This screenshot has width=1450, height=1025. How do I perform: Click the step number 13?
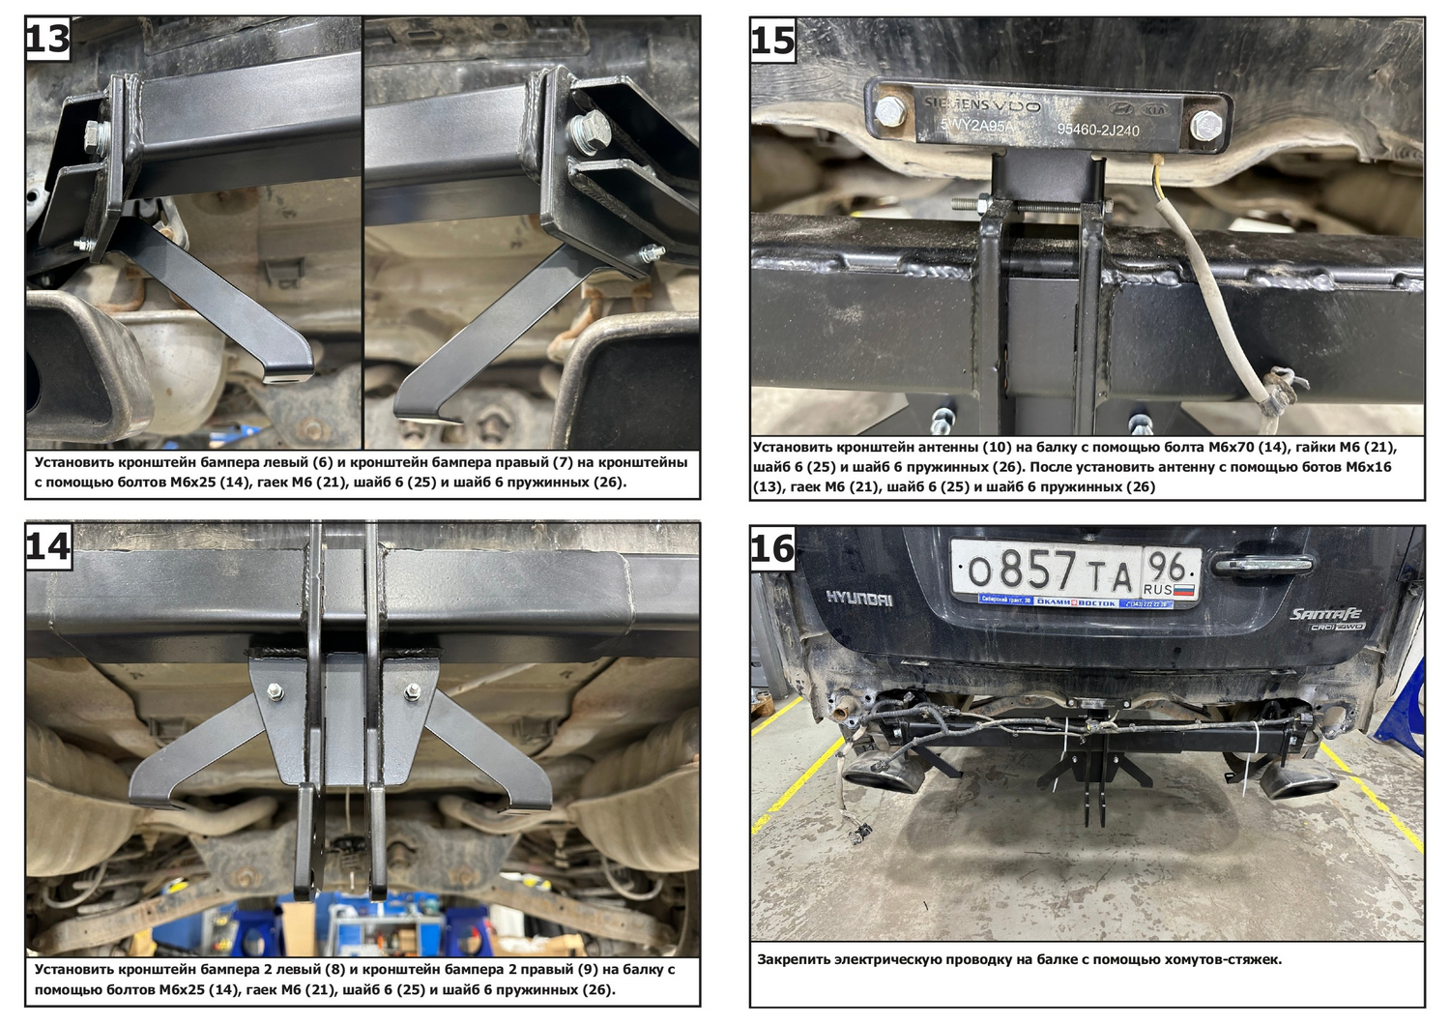(x=47, y=39)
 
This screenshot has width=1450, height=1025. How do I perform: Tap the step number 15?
(x=773, y=41)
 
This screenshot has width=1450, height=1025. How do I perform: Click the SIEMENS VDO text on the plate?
(x=981, y=104)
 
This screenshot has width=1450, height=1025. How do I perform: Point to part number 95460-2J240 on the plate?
(x=1098, y=130)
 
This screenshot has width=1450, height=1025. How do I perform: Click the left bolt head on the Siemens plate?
(x=889, y=111)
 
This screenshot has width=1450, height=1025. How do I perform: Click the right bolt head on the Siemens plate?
(x=1206, y=125)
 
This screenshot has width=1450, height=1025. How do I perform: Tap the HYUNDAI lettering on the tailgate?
(x=859, y=599)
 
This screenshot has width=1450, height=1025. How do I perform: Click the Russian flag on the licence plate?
(x=1183, y=590)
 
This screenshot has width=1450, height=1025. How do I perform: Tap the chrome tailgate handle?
(x=1262, y=565)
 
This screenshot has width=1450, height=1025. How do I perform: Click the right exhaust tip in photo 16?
(x=1298, y=786)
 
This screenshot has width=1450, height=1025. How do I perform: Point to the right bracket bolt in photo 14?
(x=413, y=692)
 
